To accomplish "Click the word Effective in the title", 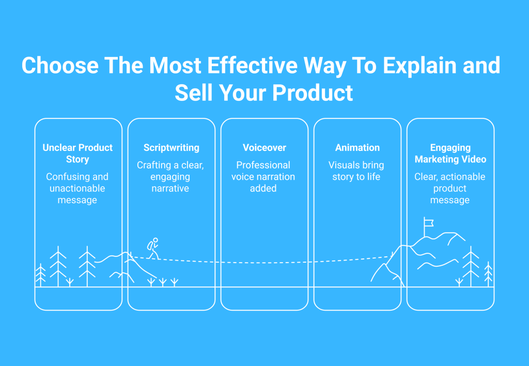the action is (252, 65).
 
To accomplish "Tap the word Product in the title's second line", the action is (313, 93).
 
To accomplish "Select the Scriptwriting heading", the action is (172, 148).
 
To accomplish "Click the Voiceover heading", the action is (264, 147).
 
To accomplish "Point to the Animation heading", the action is (357, 147).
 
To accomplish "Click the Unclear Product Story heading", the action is (77, 154).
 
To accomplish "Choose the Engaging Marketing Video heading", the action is (450, 154).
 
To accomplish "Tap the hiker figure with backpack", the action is (153, 249).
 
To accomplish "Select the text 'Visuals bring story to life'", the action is (356, 171).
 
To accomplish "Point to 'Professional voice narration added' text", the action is (263, 177).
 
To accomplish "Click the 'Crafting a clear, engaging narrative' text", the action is (170, 177).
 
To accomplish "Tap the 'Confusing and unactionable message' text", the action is (77, 188).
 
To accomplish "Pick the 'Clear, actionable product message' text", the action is (450, 188).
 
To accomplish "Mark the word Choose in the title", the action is (60, 65).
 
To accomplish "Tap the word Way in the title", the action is (324, 67).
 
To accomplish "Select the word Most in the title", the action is (176, 65).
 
